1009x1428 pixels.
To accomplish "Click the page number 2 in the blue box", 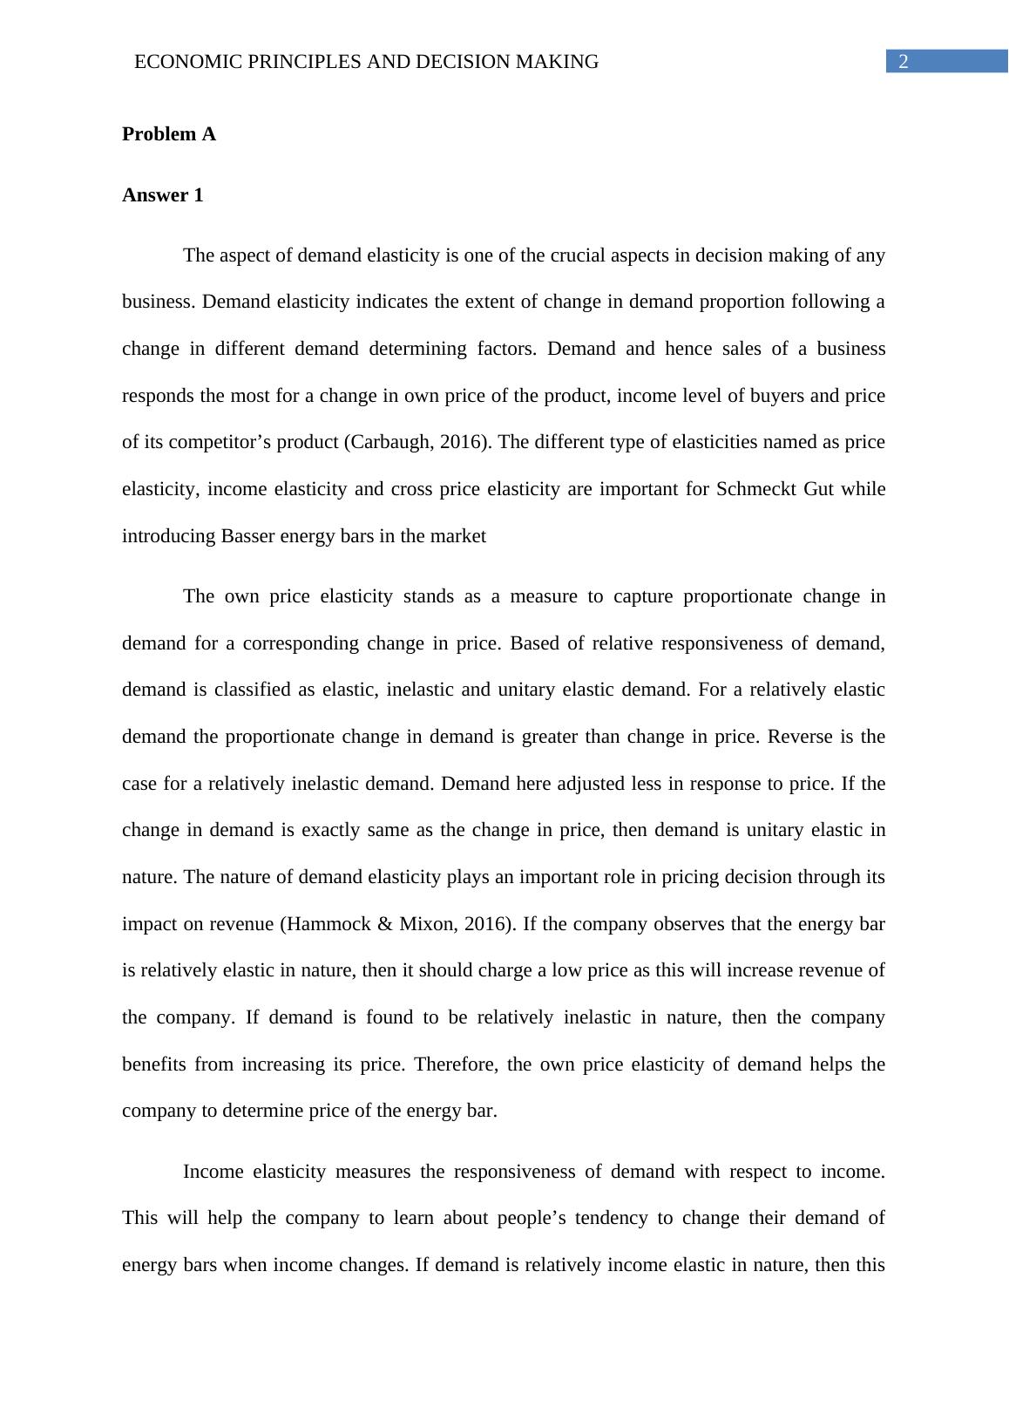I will coord(904,62).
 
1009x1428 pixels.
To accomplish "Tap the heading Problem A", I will coord(169,134).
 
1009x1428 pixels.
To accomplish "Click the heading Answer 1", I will coord(163,195).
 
